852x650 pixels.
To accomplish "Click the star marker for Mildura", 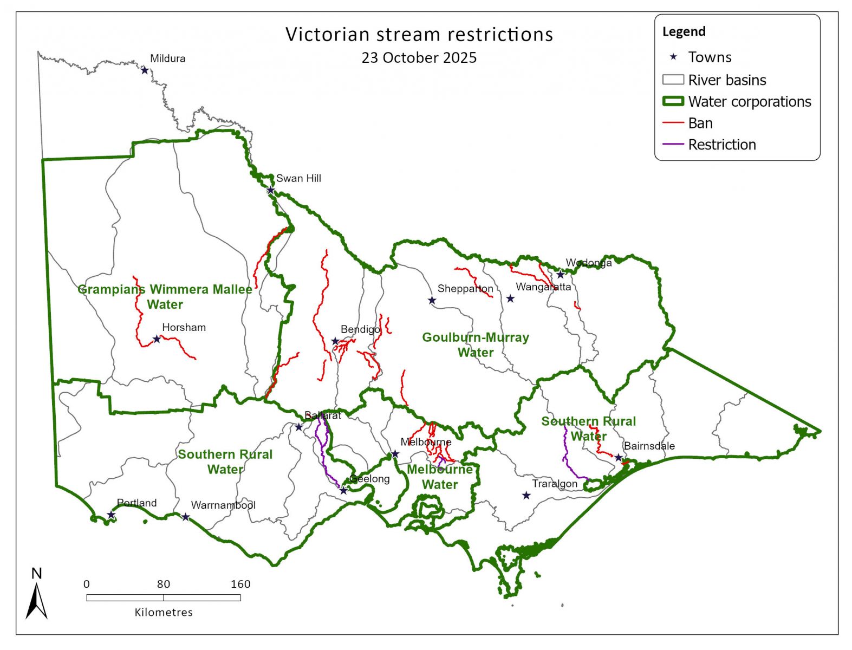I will tap(145, 70).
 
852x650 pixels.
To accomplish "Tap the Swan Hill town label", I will tap(298, 178).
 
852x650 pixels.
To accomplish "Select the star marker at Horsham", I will tap(157, 339).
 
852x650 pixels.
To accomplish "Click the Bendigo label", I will tap(360, 329).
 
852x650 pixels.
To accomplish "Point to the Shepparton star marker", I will tap(432, 301).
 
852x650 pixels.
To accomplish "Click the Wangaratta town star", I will tap(510, 298).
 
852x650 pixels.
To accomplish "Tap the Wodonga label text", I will tap(589, 263).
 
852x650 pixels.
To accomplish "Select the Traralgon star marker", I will tap(526, 496).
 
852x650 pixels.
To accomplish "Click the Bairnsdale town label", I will tap(649, 446).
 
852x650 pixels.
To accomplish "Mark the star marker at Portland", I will tap(111, 515).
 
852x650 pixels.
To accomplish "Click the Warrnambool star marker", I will tap(185, 517).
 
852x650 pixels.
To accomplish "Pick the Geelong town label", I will tap(370, 479).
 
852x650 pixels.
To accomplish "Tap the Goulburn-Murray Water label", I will tap(476, 344).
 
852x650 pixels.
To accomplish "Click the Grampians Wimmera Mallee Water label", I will tap(165, 297).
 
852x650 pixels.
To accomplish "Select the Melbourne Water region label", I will tap(440, 477).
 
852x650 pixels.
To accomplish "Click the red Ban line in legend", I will tap(673, 123).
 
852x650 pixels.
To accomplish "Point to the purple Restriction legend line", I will tap(673, 145).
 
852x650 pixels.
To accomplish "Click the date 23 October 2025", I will tap(419, 58).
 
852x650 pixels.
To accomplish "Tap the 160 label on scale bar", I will tap(240, 584).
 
